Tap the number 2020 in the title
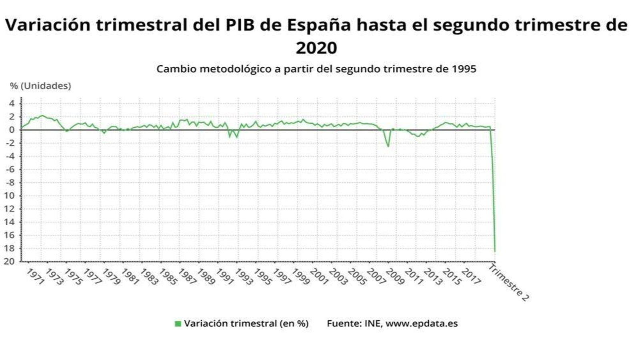316,48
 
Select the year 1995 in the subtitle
464,69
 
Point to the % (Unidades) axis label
40,86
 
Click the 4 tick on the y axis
12,104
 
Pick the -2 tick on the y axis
10,143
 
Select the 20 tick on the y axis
10,262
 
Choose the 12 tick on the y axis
10,209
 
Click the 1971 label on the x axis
35,277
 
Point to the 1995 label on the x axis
263,277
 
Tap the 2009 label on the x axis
395,277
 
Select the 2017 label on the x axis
471,277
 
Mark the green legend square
178,324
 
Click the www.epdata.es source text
422,324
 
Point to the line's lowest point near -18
495,251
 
